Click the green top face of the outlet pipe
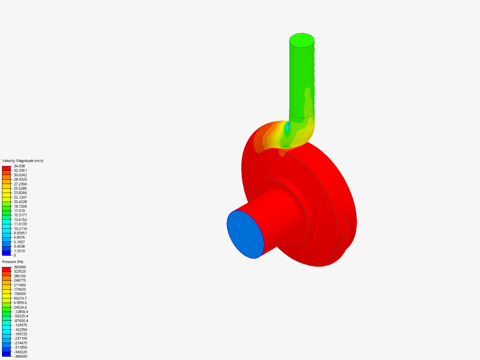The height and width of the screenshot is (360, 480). tap(302, 40)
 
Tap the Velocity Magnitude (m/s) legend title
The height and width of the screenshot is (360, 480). tap(23, 161)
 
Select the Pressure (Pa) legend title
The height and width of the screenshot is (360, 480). tap(13, 262)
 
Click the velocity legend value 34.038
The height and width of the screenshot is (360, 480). tap(19, 166)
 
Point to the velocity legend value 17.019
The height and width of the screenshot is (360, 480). tap(19, 211)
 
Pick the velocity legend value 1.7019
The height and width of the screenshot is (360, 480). tap(19, 251)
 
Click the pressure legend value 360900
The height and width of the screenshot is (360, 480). tap(20, 267)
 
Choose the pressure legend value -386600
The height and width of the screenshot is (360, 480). tap(20, 356)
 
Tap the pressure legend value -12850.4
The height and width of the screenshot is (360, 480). tap(21, 312)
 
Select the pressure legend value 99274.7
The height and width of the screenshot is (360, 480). tap(20, 298)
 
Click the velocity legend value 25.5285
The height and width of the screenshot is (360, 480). tap(20, 188)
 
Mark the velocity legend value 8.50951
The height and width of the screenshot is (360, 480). tap(20, 233)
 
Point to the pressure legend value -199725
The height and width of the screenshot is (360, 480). tap(20, 334)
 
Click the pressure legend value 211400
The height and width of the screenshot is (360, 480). tap(20, 285)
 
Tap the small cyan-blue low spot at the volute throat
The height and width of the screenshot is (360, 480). tap(287, 129)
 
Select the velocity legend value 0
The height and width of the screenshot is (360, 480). tap(15, 255)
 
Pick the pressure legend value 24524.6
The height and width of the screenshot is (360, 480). tap(20, 307)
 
